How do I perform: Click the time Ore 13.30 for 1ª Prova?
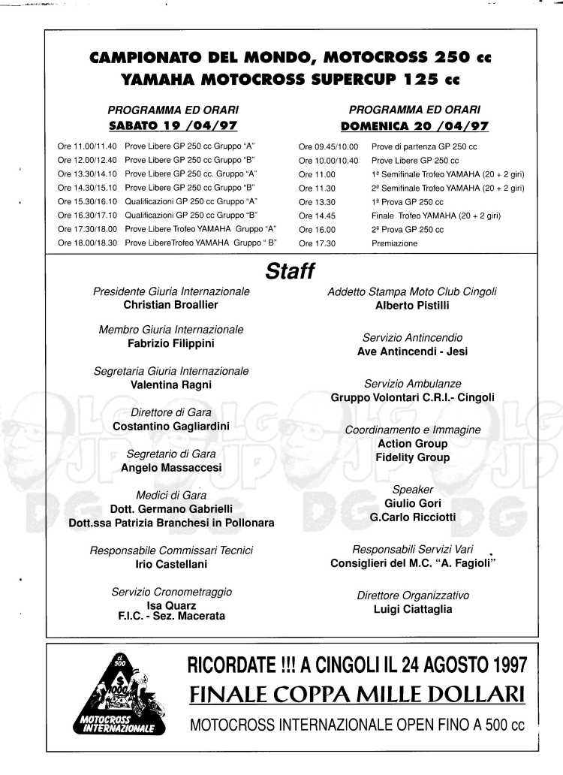[315, 202]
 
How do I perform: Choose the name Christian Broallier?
[171, 305]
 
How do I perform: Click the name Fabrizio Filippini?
[171, 344]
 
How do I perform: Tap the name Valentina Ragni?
[171, 384]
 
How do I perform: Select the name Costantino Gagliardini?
[171, 426]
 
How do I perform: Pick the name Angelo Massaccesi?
[171, 467]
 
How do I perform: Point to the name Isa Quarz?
[171, 606]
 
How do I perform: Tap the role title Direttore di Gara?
[171, 412]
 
